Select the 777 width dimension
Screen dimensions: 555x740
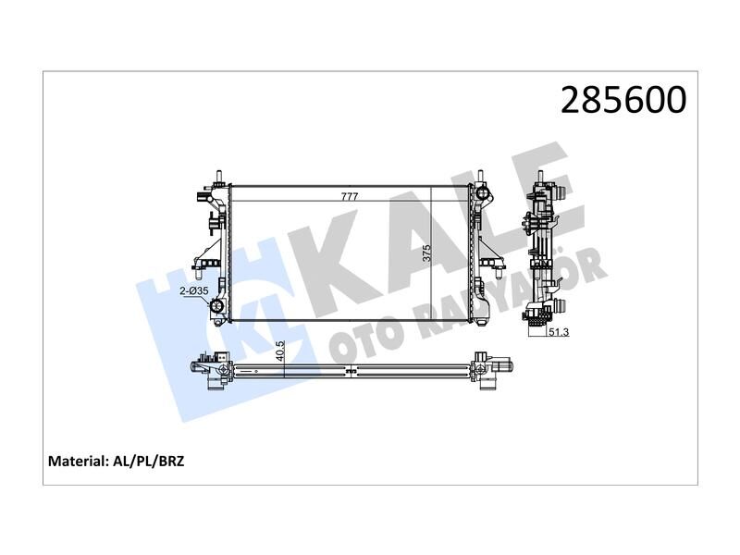pos(350,197)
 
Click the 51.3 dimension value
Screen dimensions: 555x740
pos(557,333)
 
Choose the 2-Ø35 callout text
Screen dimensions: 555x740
pos(193,290)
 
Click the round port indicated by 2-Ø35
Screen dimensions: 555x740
pos(217,308)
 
